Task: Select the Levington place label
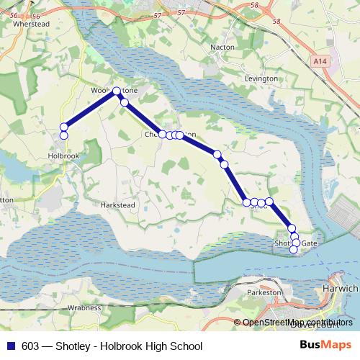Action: (x=261, y=78)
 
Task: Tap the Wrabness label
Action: (x=85, y=307)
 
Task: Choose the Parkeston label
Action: (x=264, y=294)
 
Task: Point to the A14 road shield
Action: (x=320, y=63)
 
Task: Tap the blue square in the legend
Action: (x=11, y=346)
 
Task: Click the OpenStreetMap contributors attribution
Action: (x=297, y=322)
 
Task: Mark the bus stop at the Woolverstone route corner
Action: (x=117, y=91)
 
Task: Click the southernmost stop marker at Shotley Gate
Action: (x=294, y=249)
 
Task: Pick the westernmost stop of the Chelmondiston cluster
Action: (x=163, y=134)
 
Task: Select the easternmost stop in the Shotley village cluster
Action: (x=269, y=202)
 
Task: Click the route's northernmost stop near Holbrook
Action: (x=63, y=127)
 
